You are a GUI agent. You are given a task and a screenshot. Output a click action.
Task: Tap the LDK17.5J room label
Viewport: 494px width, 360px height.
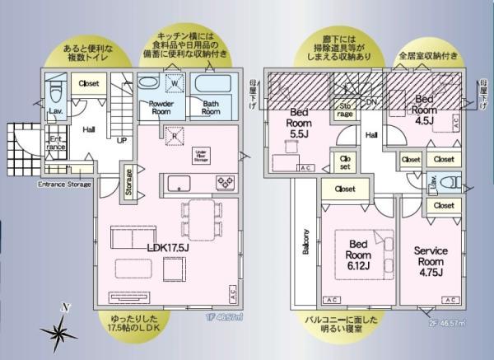tap(168, 246)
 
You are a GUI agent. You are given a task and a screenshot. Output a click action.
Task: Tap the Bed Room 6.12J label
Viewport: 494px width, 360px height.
tap(358, 255)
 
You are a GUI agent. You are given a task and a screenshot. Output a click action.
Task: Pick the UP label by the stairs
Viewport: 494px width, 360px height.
tap(121, 141)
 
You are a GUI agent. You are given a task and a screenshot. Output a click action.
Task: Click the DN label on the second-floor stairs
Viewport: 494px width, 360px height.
tap(372, 102)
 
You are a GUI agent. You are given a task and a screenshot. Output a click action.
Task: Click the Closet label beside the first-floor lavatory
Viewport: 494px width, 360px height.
tap(89, 84)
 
